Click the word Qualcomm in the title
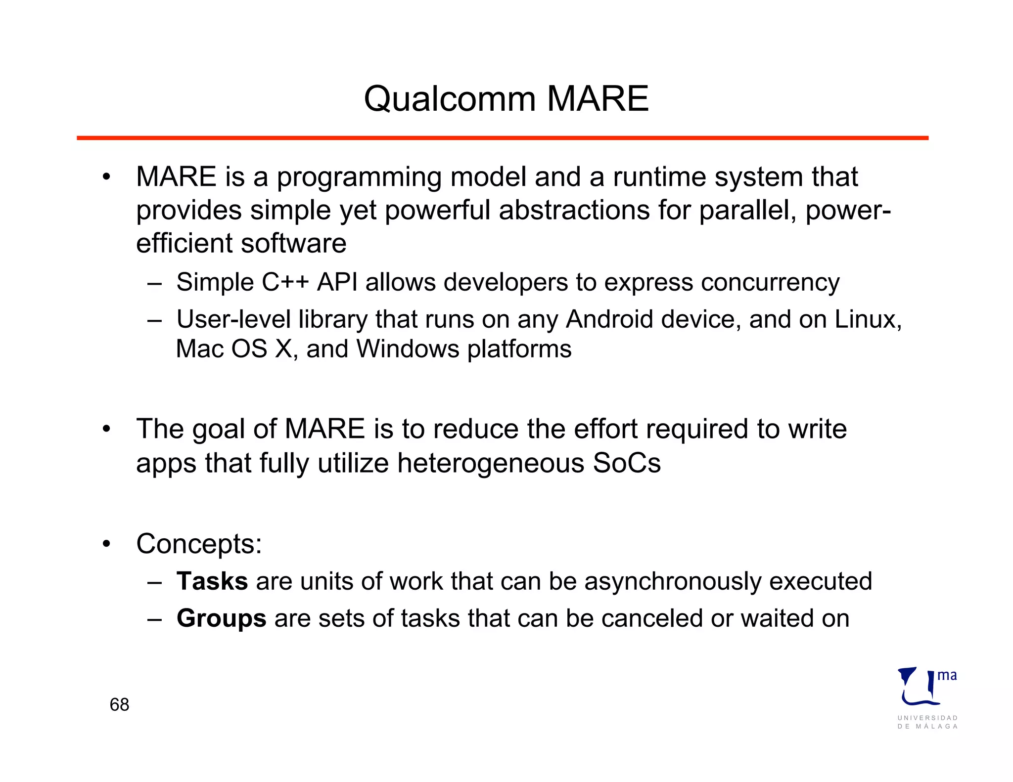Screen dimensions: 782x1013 [x=450, y=99]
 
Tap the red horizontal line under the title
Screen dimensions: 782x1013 [x=502, y=138]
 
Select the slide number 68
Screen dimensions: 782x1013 [x=119, y=704]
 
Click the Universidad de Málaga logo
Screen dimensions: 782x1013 [x=927, y=697]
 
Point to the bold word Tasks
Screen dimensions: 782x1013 [x=212, y=581]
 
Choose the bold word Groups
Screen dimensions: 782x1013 [x=221, y=618]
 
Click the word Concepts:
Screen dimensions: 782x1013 [x=199, y=544]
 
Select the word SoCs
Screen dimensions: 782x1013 [x=627, y=463]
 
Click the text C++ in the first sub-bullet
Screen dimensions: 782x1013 [x=285, y=282]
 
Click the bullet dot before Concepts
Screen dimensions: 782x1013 [x=106, y=544]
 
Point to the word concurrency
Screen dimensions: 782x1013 [x=770, y=282]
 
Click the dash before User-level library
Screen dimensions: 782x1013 [x=154, y=320]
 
